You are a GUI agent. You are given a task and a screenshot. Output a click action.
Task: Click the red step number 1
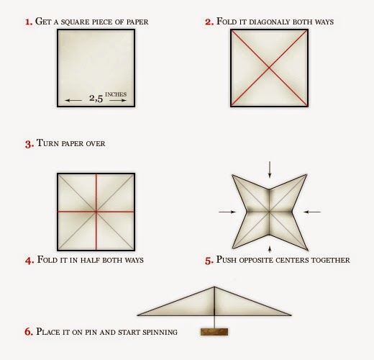click(29, 22)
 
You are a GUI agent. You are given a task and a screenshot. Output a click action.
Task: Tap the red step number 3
click(29, 144)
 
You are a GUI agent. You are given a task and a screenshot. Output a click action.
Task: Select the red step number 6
click(29, 332)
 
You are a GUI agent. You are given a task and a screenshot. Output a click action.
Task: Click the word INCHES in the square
click(116, 94)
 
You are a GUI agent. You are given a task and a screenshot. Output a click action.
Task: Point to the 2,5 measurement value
click(96, 98)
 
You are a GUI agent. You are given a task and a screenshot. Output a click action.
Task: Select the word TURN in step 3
click(47, 143)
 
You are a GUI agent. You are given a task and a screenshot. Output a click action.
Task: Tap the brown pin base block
click(214, 332)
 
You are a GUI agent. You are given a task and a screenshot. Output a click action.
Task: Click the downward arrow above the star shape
click(270, 169)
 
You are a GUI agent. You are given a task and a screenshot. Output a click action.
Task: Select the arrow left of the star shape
click(227, 212)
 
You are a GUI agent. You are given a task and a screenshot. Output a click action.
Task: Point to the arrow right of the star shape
click(312, 212)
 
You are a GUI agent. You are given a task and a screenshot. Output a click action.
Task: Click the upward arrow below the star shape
click(270, 249)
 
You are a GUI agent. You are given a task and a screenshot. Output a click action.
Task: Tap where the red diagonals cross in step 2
click(269, 68)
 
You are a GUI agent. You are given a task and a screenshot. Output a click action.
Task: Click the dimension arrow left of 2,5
click(73, 100)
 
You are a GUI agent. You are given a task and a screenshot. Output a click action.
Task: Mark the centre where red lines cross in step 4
click(96, 212)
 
